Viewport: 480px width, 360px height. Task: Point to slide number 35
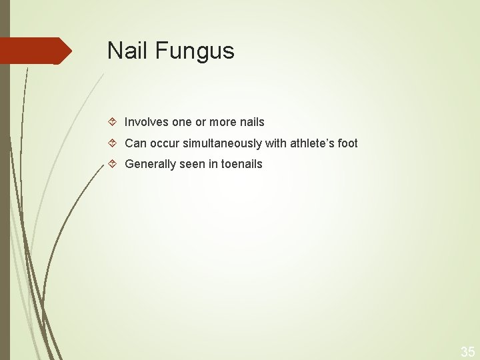[x=467, y=351]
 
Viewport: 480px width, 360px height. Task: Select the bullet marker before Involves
[x=113, y=122]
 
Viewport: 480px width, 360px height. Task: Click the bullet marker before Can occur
[x=113, y=143]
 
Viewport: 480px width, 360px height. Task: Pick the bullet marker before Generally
[x=113, y=163]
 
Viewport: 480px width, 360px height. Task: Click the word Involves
[x=147, y=122]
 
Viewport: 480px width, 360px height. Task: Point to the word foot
[x=347, y=143]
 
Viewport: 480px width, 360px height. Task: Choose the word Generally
[x=149, y=163]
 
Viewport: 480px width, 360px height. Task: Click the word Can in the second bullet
[x=135, y=143]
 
